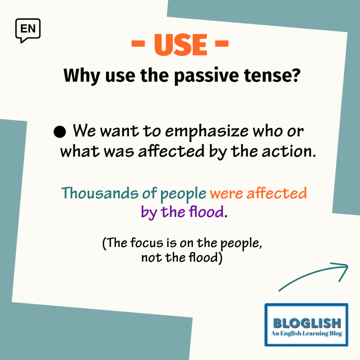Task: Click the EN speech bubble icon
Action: [x=28, y=30]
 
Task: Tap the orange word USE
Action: [x=181, y=45]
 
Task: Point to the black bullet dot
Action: [x=60, y=132]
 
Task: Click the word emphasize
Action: [x=207, y=132]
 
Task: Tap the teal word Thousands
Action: [x=99, y=193]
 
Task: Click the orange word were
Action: [x=226, y=194]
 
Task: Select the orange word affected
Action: [x=277, y=193]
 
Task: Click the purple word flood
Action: [x=206, y=211]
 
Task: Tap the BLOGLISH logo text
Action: [x=307, y=323]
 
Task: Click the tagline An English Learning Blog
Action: [x=307, y=333]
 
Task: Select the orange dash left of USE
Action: [x=138, y=44]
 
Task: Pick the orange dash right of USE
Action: [x=222, y=44]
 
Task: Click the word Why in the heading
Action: [x=82, y=76]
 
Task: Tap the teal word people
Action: [x=183, y=194]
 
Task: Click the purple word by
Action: [x=149, y=212]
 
